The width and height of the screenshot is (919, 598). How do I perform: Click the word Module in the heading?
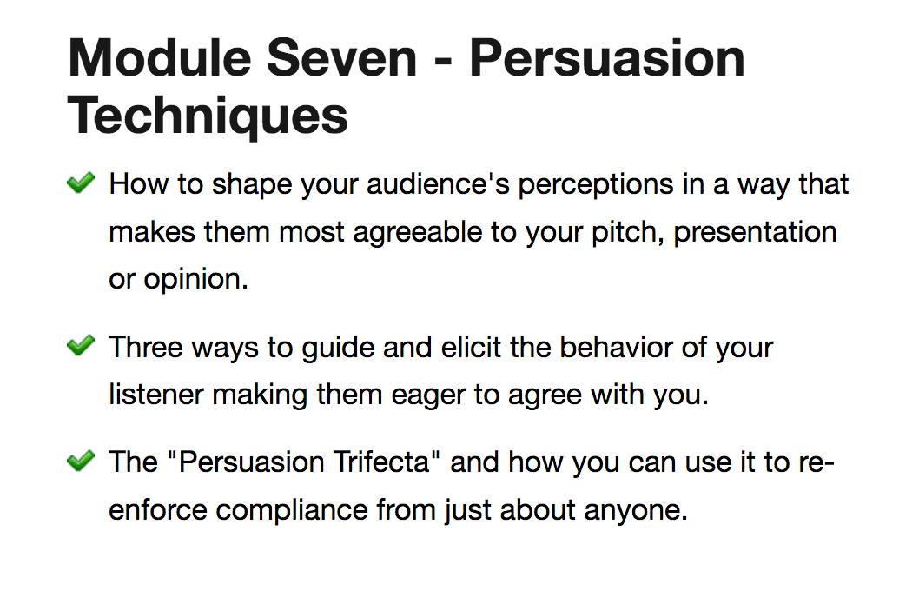tap(160, 57)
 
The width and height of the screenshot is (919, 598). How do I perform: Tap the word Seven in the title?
tap(341, 57)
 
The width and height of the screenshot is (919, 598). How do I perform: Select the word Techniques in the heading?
tap(208, 116)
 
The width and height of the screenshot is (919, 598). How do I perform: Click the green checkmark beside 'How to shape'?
tap(81, 183)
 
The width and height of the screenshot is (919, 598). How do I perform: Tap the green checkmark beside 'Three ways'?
tap(81, 345)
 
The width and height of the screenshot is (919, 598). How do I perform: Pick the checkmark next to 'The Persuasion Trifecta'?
tap(81, 460)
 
